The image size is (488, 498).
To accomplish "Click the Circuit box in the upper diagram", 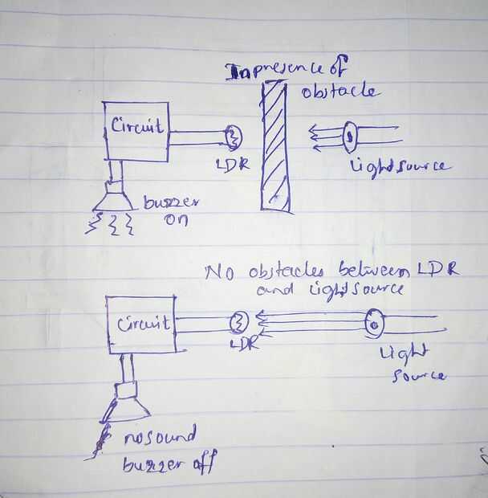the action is point(136,131).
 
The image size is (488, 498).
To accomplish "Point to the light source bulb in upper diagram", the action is point(350,137).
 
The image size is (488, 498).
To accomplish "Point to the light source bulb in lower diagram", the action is point(374,325).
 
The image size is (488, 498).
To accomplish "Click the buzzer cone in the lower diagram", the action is point(125,406).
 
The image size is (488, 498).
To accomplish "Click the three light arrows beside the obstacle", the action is point(325,137).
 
